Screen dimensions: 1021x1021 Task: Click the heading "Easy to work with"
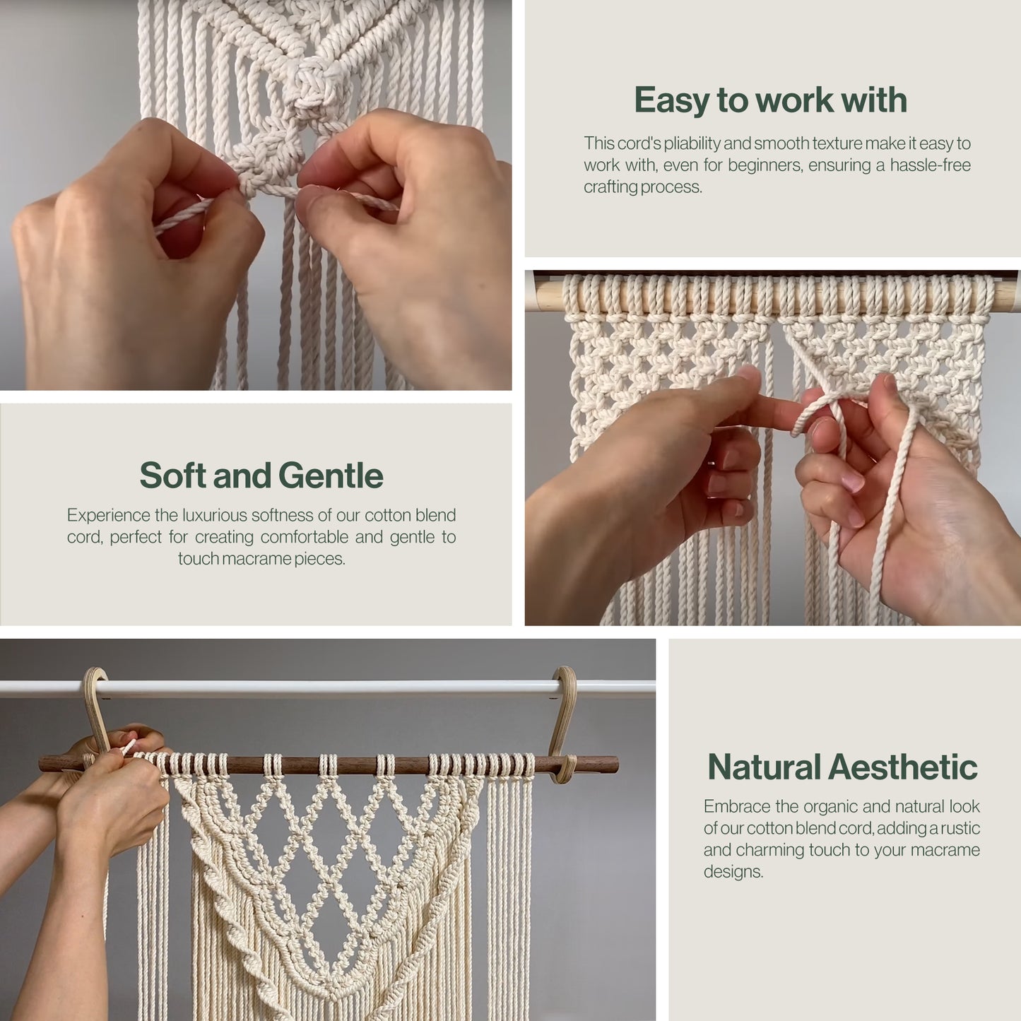(770, 100)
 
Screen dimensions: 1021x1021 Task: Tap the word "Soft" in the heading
(172, 475)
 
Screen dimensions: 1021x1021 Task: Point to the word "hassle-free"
(931, 165)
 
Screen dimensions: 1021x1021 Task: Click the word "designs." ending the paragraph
(733, 872)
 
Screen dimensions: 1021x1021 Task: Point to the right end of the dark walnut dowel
(617, 765)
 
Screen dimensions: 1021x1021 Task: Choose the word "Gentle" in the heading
(331, 475)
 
